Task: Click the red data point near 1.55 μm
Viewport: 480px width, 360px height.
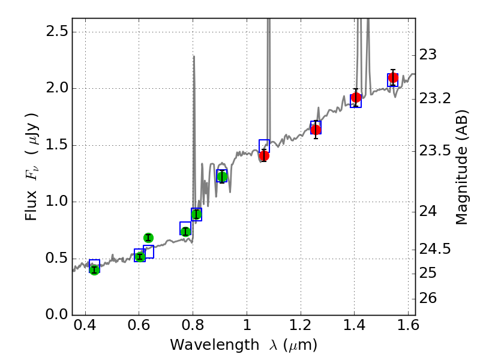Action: (x=393, y=77)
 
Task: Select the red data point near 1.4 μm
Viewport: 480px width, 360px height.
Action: (x=356, y=97)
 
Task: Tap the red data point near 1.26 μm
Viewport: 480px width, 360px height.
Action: (x=316, y=130)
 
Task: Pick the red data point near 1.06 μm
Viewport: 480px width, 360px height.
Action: (x=264, y=155)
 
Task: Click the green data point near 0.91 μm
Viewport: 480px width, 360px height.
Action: (x=222, y=176)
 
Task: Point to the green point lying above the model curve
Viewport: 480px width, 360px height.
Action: (x=148, y=238)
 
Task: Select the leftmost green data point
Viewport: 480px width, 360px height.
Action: (x=94, y=269)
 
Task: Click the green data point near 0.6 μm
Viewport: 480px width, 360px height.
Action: (x=140, y=257)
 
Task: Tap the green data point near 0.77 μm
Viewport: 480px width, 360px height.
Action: (x=185, y=232)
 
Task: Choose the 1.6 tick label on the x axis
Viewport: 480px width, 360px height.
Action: (x=408, y=328)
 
